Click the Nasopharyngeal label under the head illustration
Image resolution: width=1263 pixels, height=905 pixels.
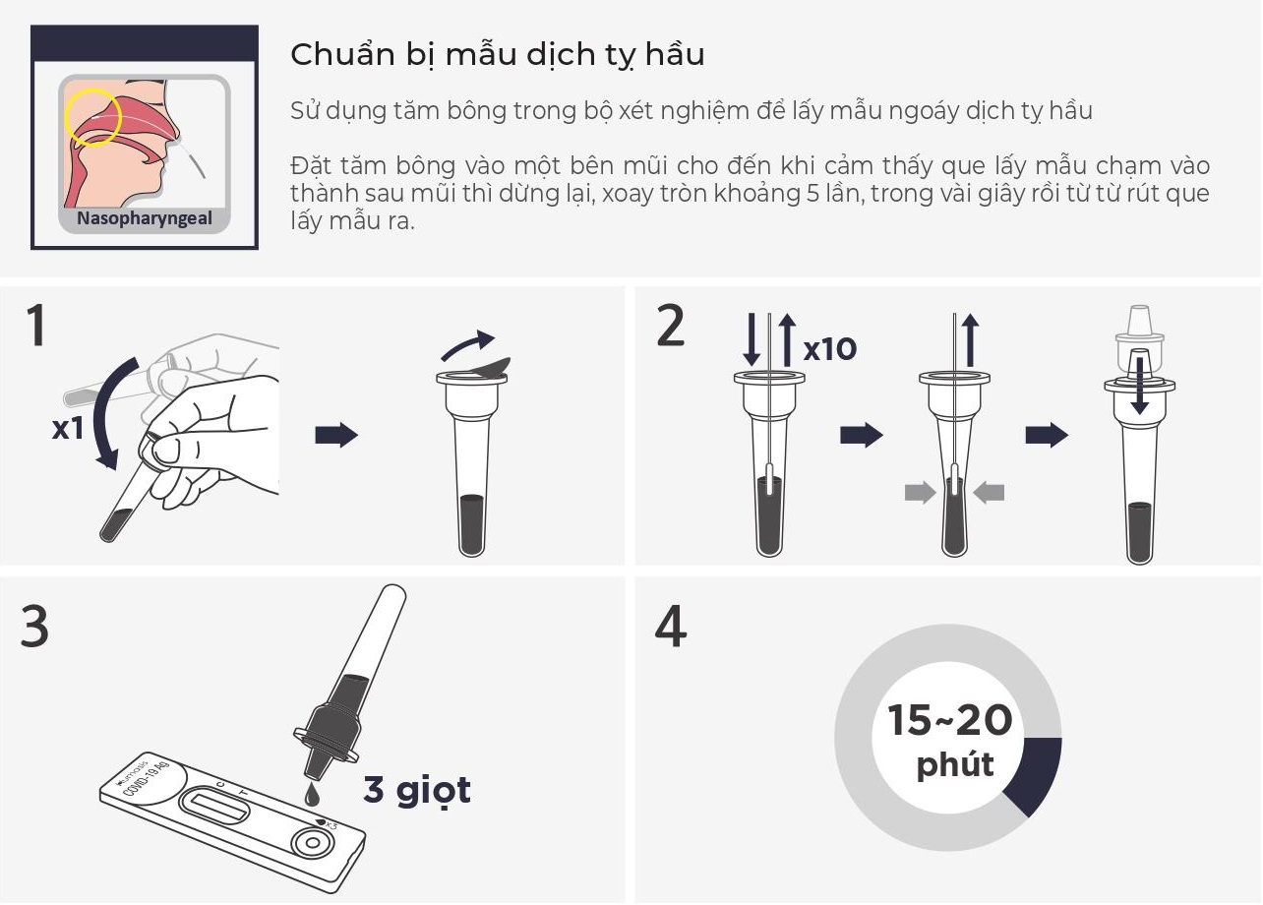145,218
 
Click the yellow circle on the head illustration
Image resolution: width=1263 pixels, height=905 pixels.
92,117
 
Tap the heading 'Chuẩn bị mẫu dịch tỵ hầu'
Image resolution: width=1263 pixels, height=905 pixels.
497,55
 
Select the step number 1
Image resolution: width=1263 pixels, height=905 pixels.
35,328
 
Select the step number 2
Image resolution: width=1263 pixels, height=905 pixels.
670,328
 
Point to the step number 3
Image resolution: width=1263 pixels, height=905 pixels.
35,626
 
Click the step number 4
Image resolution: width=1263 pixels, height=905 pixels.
671,626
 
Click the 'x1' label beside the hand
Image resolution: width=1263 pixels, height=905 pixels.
67,429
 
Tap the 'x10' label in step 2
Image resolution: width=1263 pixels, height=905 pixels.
829,349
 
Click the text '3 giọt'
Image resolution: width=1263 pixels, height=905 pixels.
417,790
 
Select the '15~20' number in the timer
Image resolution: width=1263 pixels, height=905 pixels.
949,720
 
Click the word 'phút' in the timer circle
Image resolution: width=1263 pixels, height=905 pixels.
954,764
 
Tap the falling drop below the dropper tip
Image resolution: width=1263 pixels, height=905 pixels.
313,789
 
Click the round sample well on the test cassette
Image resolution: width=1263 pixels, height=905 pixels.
312,843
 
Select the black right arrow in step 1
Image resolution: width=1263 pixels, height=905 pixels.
336,436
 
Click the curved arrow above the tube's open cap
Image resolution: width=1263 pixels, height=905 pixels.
467,343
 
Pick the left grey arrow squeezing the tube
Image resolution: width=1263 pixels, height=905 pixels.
919,493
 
